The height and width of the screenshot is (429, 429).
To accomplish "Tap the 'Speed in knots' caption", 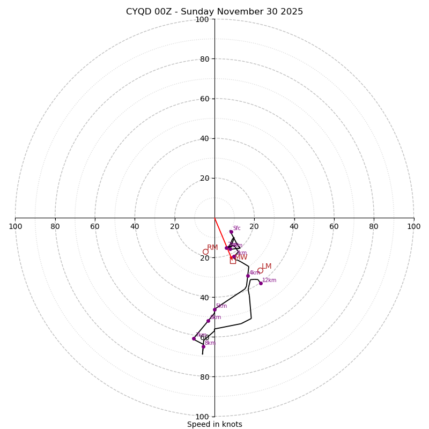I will (x=214, y=424).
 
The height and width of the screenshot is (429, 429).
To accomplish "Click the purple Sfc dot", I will (x=231, y=232).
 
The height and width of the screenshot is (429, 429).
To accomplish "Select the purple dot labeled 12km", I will (x=261, y=283).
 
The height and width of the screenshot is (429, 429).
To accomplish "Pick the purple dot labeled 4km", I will (x=248, y=276).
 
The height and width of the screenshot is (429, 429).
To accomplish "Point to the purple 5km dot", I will (x=214, y=309).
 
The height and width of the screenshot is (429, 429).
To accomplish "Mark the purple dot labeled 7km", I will (x=194, y=338).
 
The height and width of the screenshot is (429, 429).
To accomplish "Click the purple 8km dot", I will (x=203, y=346).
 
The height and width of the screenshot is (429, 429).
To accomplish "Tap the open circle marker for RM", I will (x=205, y=252).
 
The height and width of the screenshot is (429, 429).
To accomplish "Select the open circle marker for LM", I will (x=260, y=270).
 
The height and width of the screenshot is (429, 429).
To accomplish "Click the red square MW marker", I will (x=233, y=261).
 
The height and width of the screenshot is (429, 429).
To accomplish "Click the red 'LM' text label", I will (x=267, y=266).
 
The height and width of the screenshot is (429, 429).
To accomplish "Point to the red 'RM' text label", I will (x=212, y=247).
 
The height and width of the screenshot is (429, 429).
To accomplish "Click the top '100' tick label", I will (x=202, y=19).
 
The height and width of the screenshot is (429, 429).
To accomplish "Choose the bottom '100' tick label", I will (x=202, y=416).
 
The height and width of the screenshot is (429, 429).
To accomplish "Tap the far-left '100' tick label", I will (x=15, y=226).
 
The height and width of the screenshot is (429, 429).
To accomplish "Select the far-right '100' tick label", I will (x=413, y=226).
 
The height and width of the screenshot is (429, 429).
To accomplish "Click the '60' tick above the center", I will (x=204, y=99).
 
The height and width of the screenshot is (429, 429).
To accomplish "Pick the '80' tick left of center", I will (x=55, y=226).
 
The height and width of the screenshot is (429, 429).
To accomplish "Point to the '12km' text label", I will (x=269, y=280).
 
